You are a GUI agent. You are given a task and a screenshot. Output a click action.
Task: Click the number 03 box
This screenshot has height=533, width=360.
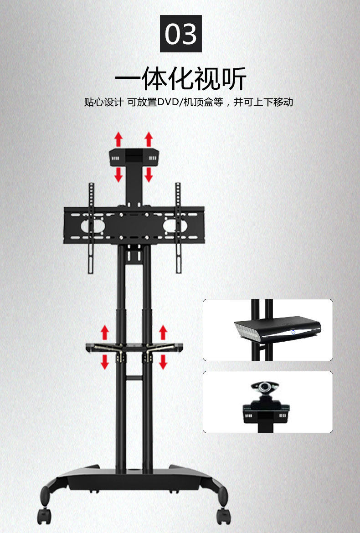click(x=180, y=34)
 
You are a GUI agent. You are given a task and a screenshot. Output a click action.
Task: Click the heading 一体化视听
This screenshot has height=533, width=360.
click(x=180, y=78)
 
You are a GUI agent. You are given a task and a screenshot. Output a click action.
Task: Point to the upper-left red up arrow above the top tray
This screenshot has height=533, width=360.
click(x=118, y=139)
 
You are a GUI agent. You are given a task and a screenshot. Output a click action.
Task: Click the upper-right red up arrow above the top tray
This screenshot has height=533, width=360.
click(x=149, y=139)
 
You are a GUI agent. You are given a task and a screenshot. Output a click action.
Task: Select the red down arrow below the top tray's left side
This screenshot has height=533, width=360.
click(x=118, y=174)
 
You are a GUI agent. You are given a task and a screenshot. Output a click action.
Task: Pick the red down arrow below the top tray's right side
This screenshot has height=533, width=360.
click(x=149, y=174)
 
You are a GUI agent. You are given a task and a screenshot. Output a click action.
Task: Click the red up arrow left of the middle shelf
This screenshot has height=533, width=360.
click(x=105, y=332)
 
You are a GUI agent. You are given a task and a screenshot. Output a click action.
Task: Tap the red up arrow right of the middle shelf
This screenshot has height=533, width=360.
click(x=163, y=332)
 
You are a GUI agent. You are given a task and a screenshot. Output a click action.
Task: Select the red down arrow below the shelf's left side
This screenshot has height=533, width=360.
click(x=105, y=362)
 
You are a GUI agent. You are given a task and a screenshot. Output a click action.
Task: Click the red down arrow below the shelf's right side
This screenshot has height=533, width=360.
click(x=163, y=362)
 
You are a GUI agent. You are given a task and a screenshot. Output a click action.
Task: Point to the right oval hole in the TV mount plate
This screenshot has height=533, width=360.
click(x=175, y=226)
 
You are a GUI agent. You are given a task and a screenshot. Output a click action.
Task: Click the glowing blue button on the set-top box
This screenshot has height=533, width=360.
click(x=294, y=333)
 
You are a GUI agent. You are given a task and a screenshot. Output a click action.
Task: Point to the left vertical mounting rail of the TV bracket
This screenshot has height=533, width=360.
click(x=91, y=228)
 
